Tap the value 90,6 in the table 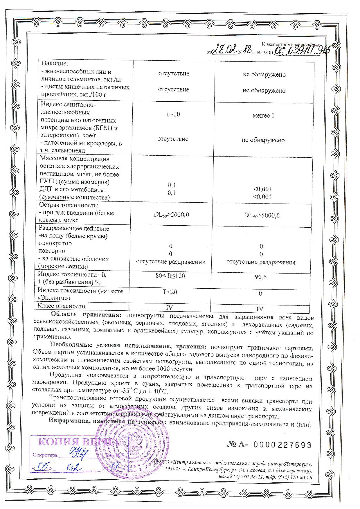tap(260, 277)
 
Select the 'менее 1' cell tap(263, 116)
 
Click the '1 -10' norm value tap(173, 114)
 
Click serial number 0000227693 tap(282, 445)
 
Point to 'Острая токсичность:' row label tap(69, 205)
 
